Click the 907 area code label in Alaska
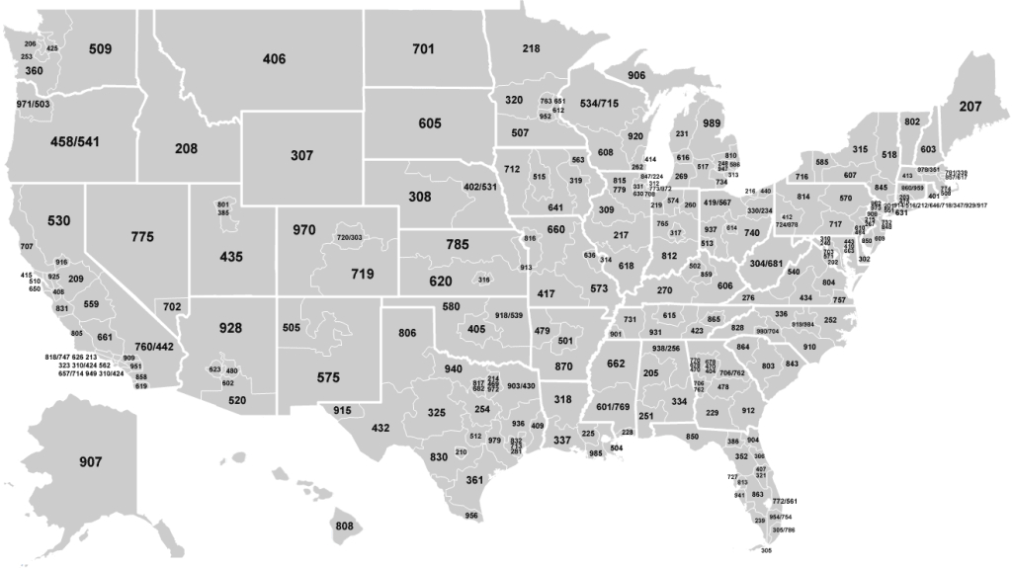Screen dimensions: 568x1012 click(90, 460)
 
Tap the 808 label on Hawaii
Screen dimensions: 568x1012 click(344, 526)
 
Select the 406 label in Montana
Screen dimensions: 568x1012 click(274, 59)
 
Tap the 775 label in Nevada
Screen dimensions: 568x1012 click(142, 237)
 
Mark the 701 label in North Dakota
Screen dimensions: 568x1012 click(423, 48)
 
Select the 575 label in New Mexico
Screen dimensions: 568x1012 click(328, 376)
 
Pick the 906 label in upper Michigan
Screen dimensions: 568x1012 click(636, 75)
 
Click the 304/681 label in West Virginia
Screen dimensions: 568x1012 click(766, 264)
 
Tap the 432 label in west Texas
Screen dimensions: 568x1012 click(380, 428)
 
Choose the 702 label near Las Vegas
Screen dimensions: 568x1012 click(172, 307)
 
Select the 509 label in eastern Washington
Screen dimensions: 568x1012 click(100, 48)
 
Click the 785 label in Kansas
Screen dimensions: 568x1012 click(456, 243)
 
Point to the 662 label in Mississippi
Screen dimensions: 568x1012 click(615, 365)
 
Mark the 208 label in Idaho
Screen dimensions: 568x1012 click(186, 148)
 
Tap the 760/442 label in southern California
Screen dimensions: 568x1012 click(153, 347)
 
